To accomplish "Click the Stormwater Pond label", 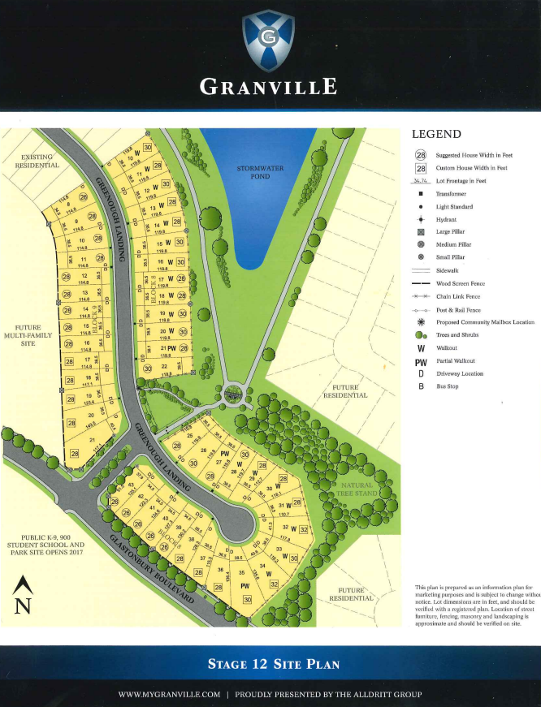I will tap(253, 172).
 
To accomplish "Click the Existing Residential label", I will tap(37, 159).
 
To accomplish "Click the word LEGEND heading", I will tap(436, 134).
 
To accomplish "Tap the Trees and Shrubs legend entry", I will tap(457, 334).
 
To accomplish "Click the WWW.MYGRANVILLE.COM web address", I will tap(169, 694).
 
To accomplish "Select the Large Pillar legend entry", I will tap(452, 231).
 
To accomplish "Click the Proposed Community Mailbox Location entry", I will tap(485, 322).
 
